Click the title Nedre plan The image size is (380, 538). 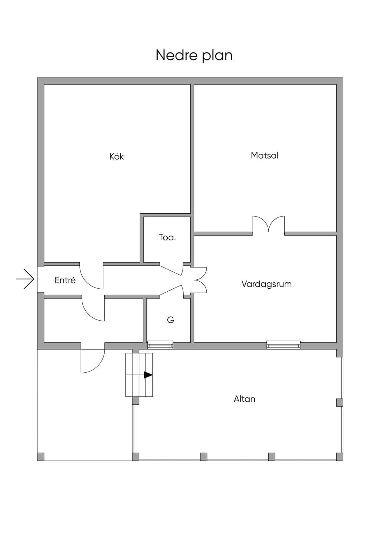click(x=194, y=55)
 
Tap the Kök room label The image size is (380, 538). click(x=117, y=156)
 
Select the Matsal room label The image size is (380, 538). click(x=265, y=155)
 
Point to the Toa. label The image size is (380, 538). click(x=167, y=237)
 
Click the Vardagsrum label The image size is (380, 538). click(x=266, y=284)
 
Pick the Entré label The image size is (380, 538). click(x=65, y=280)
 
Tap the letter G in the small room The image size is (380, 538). click(x=170, y=320)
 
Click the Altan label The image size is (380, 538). click(x=245, y=399)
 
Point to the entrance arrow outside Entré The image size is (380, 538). click(x=25, y=279)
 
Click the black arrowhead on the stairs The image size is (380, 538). click(x=148, y=375)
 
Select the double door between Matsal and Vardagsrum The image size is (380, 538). click(x=269, y=224)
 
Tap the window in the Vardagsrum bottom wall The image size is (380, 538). click(x=283, y=346)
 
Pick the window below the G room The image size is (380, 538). click(x=160, y=346)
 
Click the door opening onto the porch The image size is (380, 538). click(x=93, y=361)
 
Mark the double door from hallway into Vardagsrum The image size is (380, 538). click(x=194, y=280)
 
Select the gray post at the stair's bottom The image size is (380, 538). click(x=135, y=401)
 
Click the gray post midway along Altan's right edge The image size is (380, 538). click(x=340, y=402)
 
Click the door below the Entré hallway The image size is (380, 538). click(x=93, y=309)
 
